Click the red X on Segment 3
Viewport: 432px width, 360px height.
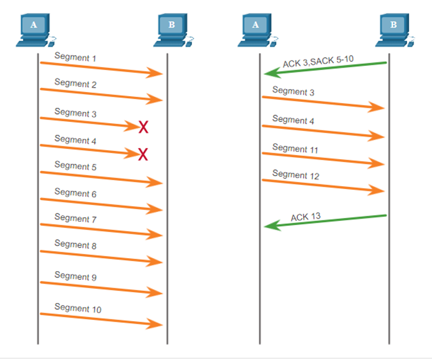143,127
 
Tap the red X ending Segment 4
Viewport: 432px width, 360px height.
143,154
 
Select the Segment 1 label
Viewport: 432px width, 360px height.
75,57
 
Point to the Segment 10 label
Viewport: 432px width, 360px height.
78,308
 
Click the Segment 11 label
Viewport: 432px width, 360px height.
295,148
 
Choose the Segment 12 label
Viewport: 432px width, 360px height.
295,174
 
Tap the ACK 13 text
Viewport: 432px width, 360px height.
306,217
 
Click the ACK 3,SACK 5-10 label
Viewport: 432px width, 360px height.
318,61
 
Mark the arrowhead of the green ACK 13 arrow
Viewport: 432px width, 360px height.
272,226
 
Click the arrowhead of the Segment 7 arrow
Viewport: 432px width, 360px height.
154,235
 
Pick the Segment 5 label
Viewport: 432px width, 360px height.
75,166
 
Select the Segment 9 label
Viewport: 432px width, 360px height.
75,276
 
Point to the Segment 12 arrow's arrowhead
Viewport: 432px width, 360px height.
376,190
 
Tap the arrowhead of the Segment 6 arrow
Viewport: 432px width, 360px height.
154,209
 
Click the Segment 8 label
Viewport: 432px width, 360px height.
75,245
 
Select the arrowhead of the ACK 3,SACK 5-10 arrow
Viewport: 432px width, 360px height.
272,73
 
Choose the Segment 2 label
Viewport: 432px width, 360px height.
75,83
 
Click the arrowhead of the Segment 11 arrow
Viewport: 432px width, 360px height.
376,164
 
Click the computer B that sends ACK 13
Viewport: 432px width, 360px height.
395,30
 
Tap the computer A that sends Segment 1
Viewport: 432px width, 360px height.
36,30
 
